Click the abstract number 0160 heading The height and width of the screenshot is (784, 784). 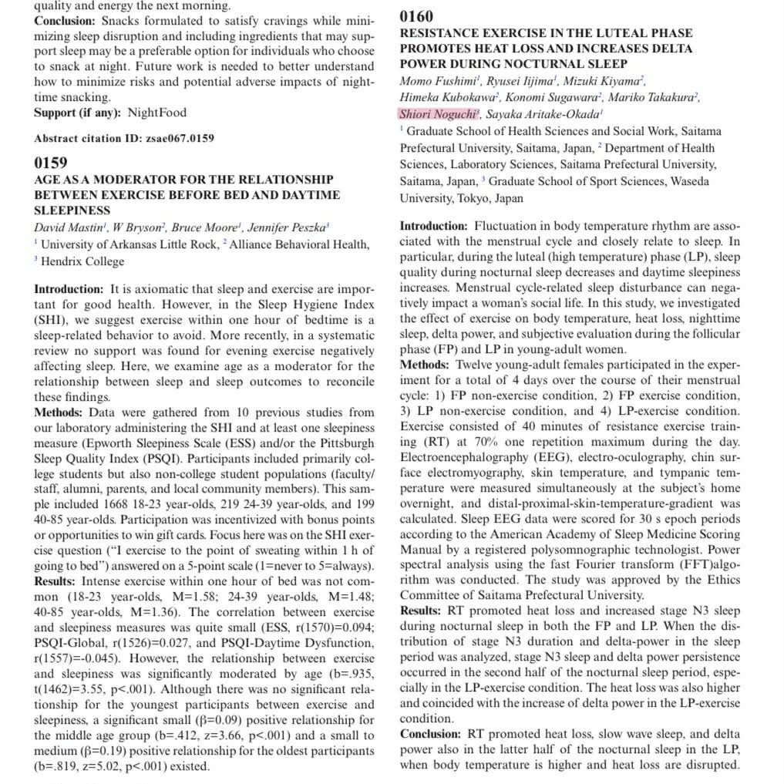[416, 16]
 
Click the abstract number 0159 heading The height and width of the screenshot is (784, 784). [51, 163]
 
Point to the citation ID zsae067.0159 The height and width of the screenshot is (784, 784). [177, 139]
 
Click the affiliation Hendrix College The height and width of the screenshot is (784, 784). [82, 261]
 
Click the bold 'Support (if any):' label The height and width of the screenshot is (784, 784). [77, 113]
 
